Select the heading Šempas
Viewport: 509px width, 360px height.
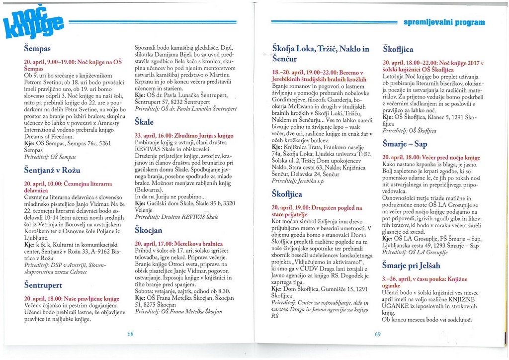pyautogui.click(x=38, y=49)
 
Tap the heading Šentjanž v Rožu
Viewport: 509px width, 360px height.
pyautogui.click(x=52, y=170)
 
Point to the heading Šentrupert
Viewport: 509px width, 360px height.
pyautogui.click(x=43, y=285)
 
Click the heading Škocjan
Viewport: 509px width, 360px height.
pyautogui.click(x=149, y=230)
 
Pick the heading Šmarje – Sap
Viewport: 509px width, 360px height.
pyautogui.click(x=405, y=144)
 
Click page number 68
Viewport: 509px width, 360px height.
pyautogui.click(x=131, y=334)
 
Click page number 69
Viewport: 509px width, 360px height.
pyautogui.click(x=378, y=334)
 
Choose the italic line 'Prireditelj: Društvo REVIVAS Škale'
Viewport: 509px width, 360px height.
pyautogui.click(x=176, y=217)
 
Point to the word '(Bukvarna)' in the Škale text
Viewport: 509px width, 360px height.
pyautogui.click(x=151, y=189)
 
